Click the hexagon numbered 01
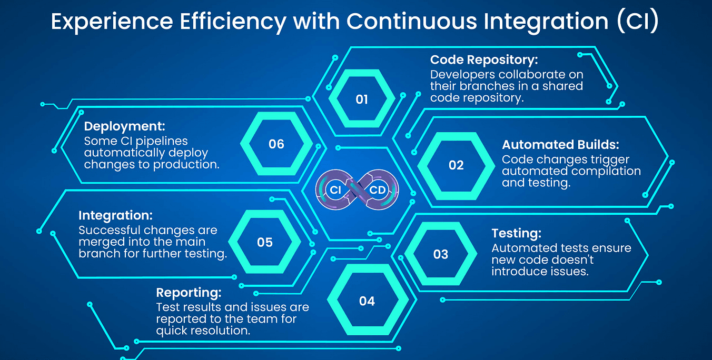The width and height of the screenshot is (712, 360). click(x=362, y=99)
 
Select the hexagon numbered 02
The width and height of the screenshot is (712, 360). click(x=456, y=165)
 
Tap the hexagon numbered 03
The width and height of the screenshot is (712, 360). click(x=440, y=255)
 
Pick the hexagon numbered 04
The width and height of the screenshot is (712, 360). click(x=367, y=301)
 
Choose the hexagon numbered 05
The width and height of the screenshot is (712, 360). click(x=265, y=242)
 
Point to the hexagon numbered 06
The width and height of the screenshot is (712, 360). click(x=276, y=144)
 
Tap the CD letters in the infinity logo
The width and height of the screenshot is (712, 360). click(x=378, y=190)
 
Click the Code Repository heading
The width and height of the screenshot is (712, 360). click(x=484, y=60)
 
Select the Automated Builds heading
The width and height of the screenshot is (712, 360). click(x=560, y=145)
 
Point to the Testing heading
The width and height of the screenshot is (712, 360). click(x=516, y=233)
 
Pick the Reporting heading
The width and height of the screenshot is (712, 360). click(x=189, y=293)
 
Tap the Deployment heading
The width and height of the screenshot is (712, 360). click(x=124, y=127)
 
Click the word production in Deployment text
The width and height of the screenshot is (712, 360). click(x=186, y=165)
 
